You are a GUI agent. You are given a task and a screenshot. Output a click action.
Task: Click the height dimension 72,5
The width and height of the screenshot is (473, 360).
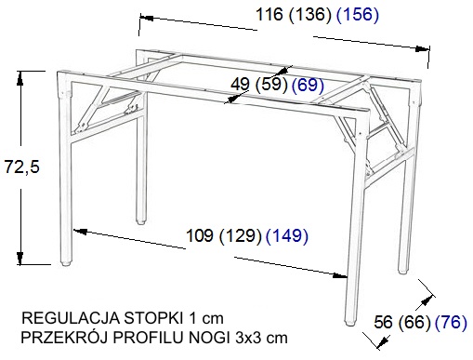(22, 167)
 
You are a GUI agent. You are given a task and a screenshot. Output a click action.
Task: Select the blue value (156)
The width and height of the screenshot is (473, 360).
(358, 14)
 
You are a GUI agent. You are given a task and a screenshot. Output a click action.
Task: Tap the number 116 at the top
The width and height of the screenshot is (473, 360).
(269, 14)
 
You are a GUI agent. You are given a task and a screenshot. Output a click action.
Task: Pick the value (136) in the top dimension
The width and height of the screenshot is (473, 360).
(310, 14)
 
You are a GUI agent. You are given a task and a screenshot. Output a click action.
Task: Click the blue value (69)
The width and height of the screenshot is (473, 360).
(308, 85)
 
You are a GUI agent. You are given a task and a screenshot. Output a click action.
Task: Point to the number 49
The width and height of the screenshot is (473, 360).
(241, 84)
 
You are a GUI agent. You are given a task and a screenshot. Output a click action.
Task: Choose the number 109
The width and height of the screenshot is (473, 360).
(200, 235)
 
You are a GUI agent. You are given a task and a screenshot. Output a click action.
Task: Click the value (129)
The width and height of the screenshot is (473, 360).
(241, 235)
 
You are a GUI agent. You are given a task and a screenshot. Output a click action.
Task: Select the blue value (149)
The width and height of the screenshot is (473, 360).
(287, 235)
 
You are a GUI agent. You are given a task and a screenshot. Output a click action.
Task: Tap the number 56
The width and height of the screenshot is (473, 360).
(384, 322)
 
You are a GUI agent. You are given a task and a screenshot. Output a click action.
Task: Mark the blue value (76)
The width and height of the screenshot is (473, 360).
(451, 322)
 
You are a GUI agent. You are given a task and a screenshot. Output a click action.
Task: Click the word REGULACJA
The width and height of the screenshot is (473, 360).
(71, 318)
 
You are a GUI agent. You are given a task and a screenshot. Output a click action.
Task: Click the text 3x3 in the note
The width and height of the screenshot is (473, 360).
(248, 338)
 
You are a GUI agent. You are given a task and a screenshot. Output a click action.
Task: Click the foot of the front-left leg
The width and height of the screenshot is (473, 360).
(65, 264)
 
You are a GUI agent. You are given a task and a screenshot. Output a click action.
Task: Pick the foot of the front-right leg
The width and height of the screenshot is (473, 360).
(350, 323)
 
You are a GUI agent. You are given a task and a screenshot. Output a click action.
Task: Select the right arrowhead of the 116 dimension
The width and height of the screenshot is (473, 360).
(423, 49)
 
